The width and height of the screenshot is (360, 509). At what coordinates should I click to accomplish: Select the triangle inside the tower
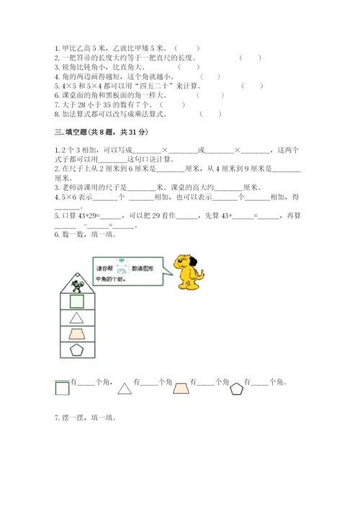click(x=76, y=317)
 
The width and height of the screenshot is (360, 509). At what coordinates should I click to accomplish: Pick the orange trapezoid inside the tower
click(x=76, y=334)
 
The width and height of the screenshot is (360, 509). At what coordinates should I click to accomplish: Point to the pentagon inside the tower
click(x=76, y=351)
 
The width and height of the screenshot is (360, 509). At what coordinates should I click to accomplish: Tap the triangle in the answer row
click(x=125, y=387)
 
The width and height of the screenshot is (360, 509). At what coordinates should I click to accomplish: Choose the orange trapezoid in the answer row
click(x=180, y=387)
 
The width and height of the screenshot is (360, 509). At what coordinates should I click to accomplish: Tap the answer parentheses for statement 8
click(x=210, y=113)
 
